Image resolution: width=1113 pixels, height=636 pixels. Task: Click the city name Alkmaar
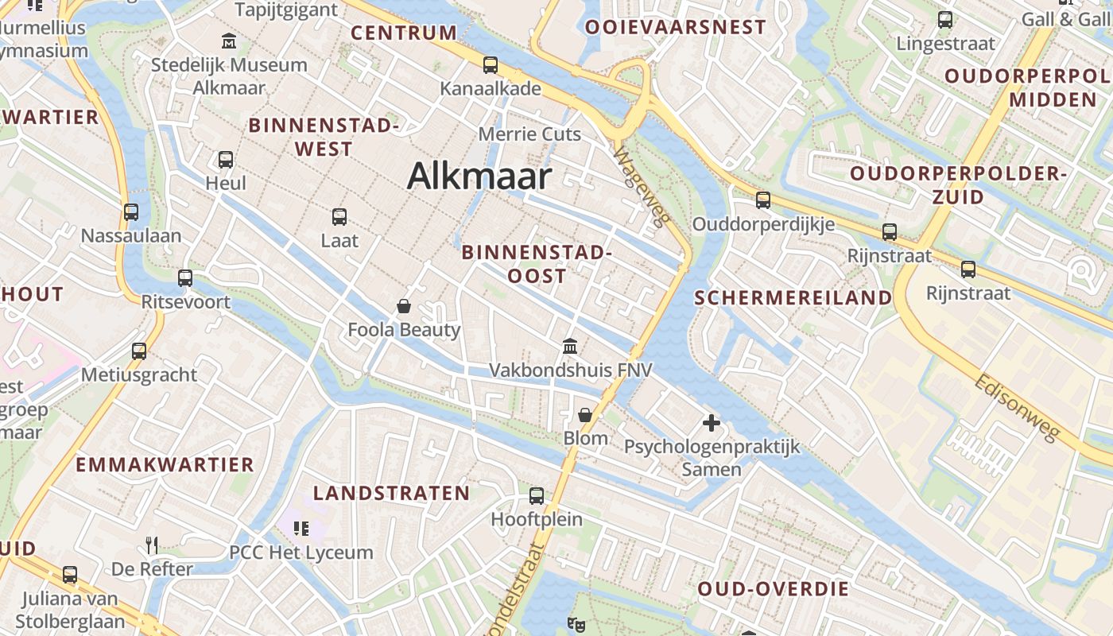[x=479, y=176]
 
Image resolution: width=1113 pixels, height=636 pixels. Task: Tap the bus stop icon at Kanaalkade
[x=491, y=65]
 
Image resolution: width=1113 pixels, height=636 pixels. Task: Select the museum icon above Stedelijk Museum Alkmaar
[x=229, y=41]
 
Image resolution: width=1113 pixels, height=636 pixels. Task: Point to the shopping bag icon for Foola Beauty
[x=404, y=305]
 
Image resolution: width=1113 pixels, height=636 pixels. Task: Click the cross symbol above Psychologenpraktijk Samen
[x=712, y=423]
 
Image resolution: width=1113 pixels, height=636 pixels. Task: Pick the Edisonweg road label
[x=1017, y=407]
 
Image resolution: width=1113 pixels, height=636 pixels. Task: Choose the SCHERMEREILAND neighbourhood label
[x=793, y=298]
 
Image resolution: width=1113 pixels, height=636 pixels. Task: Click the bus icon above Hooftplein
[x=537, y=496]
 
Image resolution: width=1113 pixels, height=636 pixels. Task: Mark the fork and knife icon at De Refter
[x=151, y=545]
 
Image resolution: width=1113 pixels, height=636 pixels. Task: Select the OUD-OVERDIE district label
[x=774, y=589]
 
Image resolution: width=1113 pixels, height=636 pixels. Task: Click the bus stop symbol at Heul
[x=226, y=160]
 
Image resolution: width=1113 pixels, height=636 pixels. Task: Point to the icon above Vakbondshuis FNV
[x=570, y=347]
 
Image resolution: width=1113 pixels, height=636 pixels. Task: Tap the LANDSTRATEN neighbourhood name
[x=391, y=493]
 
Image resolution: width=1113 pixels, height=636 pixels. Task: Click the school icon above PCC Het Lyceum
[x=301, y=528]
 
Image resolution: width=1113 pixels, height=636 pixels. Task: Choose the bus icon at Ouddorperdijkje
[x=763, y=200]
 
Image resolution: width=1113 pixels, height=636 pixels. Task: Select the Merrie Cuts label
[x=529, y=134]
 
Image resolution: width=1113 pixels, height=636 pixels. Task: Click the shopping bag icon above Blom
[x=585, y=415]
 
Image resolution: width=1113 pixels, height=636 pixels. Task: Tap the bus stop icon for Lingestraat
[x=945, y=20]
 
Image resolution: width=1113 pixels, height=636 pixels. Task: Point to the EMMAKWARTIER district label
[x=165, y=465]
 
